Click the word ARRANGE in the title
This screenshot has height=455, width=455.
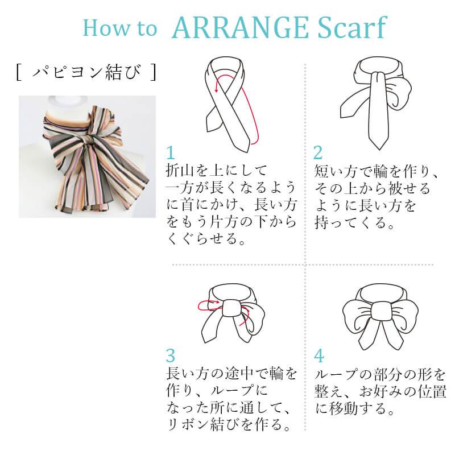[x=240, y=28]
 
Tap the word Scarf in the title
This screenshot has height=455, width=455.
[x=352, y=27]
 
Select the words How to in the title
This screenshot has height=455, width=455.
[x=120, y=28]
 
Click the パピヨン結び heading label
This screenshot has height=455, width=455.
[x=86, y=72]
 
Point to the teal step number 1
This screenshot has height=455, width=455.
[x=171, y=152]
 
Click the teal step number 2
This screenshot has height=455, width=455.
[x=318, y=152]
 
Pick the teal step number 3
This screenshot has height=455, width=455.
[x=171, y=355]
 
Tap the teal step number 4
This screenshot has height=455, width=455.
[x=318, y=355]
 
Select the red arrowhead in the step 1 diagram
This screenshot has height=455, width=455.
[x=216, y=90]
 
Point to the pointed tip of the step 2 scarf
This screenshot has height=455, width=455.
[x=379, y=150]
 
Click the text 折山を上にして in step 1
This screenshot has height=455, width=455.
[x=216, y=170]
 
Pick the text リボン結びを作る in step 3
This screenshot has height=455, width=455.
[x=229, y=425]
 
